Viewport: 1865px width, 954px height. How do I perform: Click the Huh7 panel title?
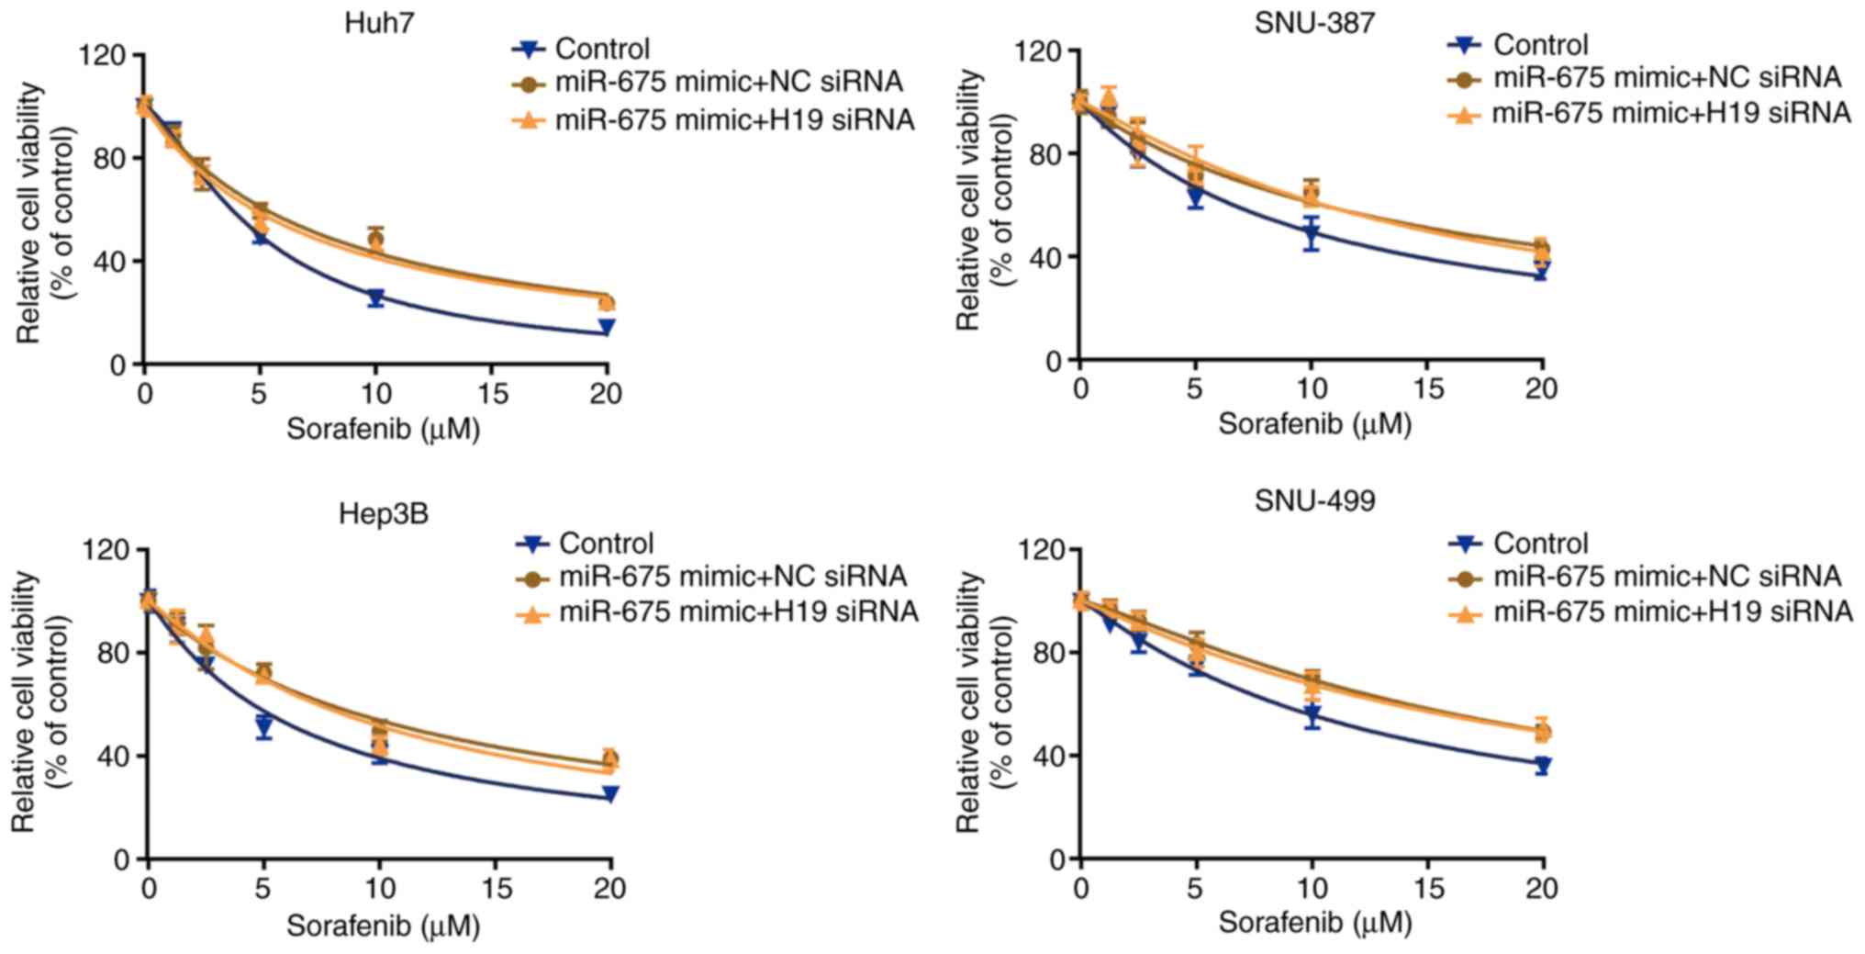click(x=379, y=22)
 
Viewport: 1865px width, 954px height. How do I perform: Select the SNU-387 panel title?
click(x=1314, y=22)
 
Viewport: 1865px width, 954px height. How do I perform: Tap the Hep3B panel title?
click(x=383, y=513)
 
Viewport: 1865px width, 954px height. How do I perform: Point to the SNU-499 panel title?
click(x=1314, y=501)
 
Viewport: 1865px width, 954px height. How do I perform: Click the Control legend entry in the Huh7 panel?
click(x=602, y=49)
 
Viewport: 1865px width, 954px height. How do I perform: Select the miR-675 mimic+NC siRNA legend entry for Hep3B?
click(x=732, y=577)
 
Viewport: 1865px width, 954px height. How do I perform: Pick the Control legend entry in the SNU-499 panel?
click(x=1540, y=544)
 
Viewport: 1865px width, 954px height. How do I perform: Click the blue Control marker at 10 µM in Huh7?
click(x=375, y=298)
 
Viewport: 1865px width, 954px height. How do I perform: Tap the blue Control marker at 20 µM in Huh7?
click(x=606, y=328)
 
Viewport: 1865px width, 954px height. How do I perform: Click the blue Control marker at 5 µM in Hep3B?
click(x=264, y=726)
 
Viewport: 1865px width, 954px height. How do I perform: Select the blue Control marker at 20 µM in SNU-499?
click(x=1542, y=765)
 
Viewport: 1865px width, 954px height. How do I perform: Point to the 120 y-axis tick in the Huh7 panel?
click(x=103, y=55)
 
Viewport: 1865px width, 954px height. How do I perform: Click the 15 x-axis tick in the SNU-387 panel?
click(x=1426, y=389)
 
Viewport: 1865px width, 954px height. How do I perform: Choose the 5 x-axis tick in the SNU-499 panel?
click(x=1196, y=889)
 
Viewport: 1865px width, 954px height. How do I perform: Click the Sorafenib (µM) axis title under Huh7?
click(x=383, y=429)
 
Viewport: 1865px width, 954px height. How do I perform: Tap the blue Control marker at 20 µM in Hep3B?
click(x=609, y=794)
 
